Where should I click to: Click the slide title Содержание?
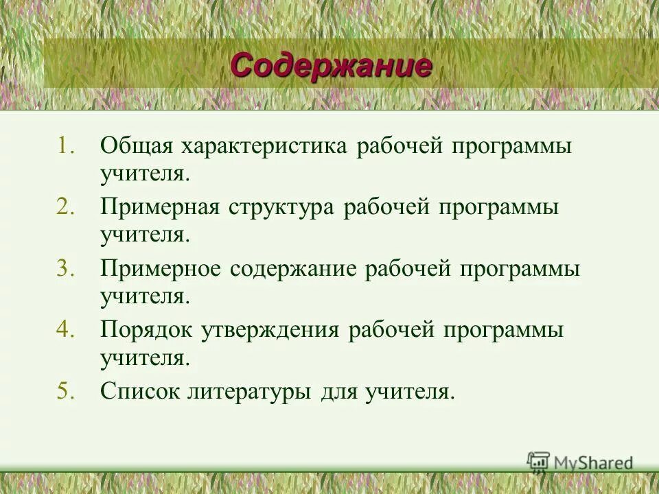click(x=331, y=66)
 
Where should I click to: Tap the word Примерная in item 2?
click(x=160, y=208)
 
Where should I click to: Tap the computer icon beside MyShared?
click(x=538, y=462)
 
